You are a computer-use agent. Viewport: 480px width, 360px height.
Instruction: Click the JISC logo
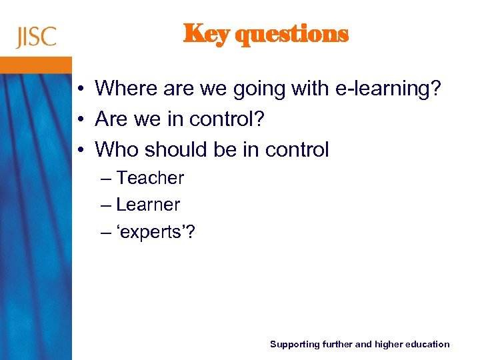click(37, 37)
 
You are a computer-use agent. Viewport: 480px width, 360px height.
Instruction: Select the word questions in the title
click(293, 35)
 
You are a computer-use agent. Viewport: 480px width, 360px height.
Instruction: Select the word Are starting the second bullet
click(111, 119)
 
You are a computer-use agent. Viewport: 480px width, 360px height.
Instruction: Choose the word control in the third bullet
click(297, 150)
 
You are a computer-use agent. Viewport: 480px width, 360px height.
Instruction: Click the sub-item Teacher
click(150, 178)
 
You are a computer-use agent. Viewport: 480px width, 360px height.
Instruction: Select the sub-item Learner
click(148, 205)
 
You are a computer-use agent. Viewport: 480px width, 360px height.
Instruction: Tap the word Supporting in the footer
click(295, 345)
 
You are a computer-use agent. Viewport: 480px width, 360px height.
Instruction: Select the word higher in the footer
click(389, 345)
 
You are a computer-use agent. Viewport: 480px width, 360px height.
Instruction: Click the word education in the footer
click(428, 345)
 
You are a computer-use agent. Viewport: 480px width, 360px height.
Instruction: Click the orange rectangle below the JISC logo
click(35, 65)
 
